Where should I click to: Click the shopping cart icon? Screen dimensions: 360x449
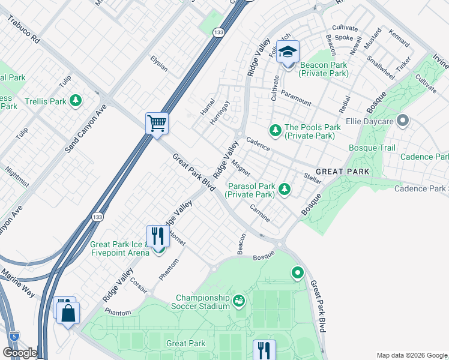click(x=157, y=124)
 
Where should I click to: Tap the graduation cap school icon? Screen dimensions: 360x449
click(x=288, y=52)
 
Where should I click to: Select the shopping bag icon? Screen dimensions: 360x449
click(x=69, y=313)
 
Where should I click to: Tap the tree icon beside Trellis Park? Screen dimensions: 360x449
click(x=75, y=101)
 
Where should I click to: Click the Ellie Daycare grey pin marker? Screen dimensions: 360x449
click(x=403, y=122)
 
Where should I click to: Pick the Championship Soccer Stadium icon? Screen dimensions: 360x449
click(x=239, y=299)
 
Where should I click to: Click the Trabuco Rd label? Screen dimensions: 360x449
click(x=23, y=30)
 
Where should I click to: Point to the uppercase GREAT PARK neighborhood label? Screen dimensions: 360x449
click(x=342, y=172)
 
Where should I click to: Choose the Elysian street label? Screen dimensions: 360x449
click(x=159, y=62)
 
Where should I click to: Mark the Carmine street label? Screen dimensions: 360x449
click(x=261, y=212)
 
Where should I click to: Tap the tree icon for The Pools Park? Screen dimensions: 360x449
click(x=275, y=129)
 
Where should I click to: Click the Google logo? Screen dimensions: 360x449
click(x=20, y=353)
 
